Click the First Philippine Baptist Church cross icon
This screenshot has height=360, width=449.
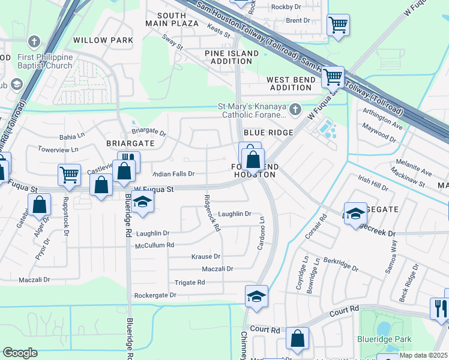34,43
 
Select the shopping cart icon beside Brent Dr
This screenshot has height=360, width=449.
338,25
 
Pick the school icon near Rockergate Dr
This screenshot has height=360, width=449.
256,296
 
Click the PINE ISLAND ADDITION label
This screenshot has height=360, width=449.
231,58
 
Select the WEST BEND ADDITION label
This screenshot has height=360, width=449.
289,84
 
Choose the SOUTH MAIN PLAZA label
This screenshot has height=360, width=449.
172,19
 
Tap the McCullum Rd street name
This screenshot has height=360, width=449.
154,245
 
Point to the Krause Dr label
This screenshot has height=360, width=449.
206,256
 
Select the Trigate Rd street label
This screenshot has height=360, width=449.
190,282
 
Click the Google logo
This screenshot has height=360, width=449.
20,353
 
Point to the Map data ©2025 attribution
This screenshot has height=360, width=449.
423,355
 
